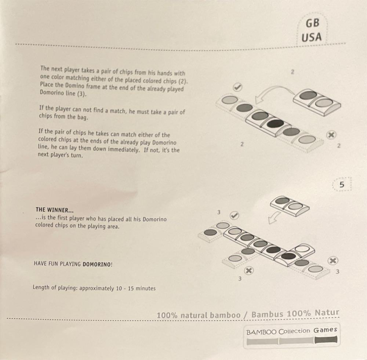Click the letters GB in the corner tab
click(312, 23)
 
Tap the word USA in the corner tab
click(312, 37)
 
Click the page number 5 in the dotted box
click(342, 185)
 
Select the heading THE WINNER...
click(55, 210)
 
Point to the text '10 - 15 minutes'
click(136, 288)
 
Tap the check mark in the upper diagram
click(237, 87)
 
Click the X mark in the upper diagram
click(331, 135)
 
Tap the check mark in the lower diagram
click(234, 215)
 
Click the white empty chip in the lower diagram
click(302, 248)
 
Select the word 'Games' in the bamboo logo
click(325, 330)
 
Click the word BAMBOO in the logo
click(261, 332)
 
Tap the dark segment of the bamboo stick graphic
click(326, 340)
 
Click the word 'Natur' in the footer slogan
click(327, 313)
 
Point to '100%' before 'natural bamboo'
click(167, 315)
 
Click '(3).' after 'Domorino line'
click(82, 94)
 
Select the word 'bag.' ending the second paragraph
click(82, 117)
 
